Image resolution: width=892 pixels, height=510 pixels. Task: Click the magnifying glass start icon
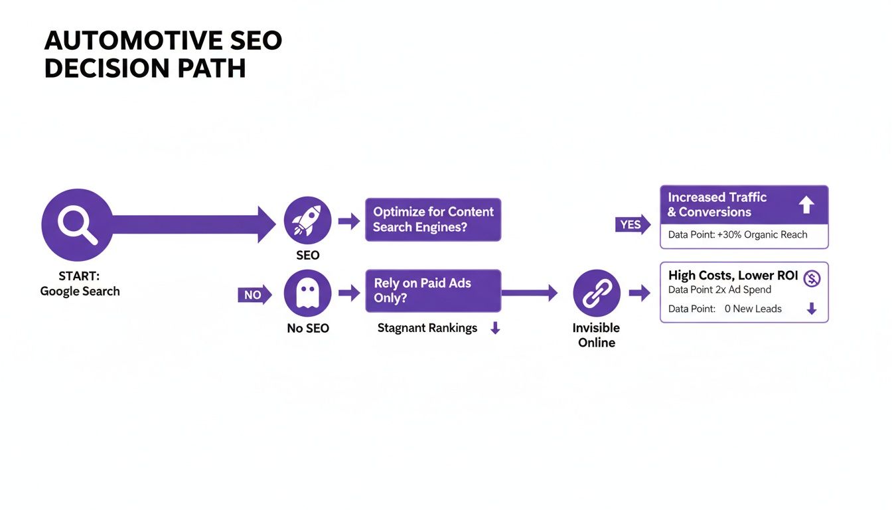click(77, 224)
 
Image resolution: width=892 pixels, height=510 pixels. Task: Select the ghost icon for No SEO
click(307, 293)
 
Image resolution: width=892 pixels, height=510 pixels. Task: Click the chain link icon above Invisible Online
click(597, 293)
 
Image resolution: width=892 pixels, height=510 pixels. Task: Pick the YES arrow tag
click(632, 224)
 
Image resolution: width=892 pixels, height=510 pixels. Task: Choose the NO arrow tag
click(254, 294)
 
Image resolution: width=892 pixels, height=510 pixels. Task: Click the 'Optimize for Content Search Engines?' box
click(433, 219)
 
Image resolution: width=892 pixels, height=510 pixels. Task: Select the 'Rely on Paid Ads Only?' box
click(433, 290)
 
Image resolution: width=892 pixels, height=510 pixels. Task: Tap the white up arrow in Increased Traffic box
click(806, 205)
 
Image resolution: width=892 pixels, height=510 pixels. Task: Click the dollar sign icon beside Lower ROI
click(811, 279)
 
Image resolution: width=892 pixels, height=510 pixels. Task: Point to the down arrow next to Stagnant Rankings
click(494, 328)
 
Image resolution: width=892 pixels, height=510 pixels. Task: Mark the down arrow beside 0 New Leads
click(811, 309)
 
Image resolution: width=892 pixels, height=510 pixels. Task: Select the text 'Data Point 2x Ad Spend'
click(719, 290)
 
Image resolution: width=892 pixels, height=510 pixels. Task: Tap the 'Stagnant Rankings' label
click(427, 328)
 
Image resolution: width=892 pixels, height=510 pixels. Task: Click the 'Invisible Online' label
click(596, 335)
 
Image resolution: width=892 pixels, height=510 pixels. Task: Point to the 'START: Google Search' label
click(80, 284)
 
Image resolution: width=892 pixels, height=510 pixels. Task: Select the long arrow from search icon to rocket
click(192, 224)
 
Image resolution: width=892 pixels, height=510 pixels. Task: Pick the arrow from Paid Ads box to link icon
click(529, 293)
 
